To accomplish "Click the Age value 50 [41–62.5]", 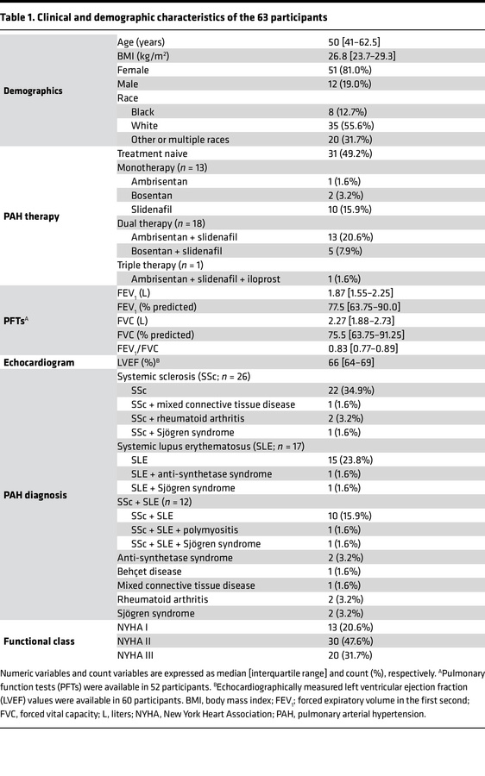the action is [349, 41].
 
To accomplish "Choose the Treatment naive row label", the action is [152, 153].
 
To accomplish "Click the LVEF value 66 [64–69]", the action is [342, 362].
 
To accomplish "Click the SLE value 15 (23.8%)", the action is [343, 460].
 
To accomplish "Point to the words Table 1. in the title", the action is [26, 17].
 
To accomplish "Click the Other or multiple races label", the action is [180, 139].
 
